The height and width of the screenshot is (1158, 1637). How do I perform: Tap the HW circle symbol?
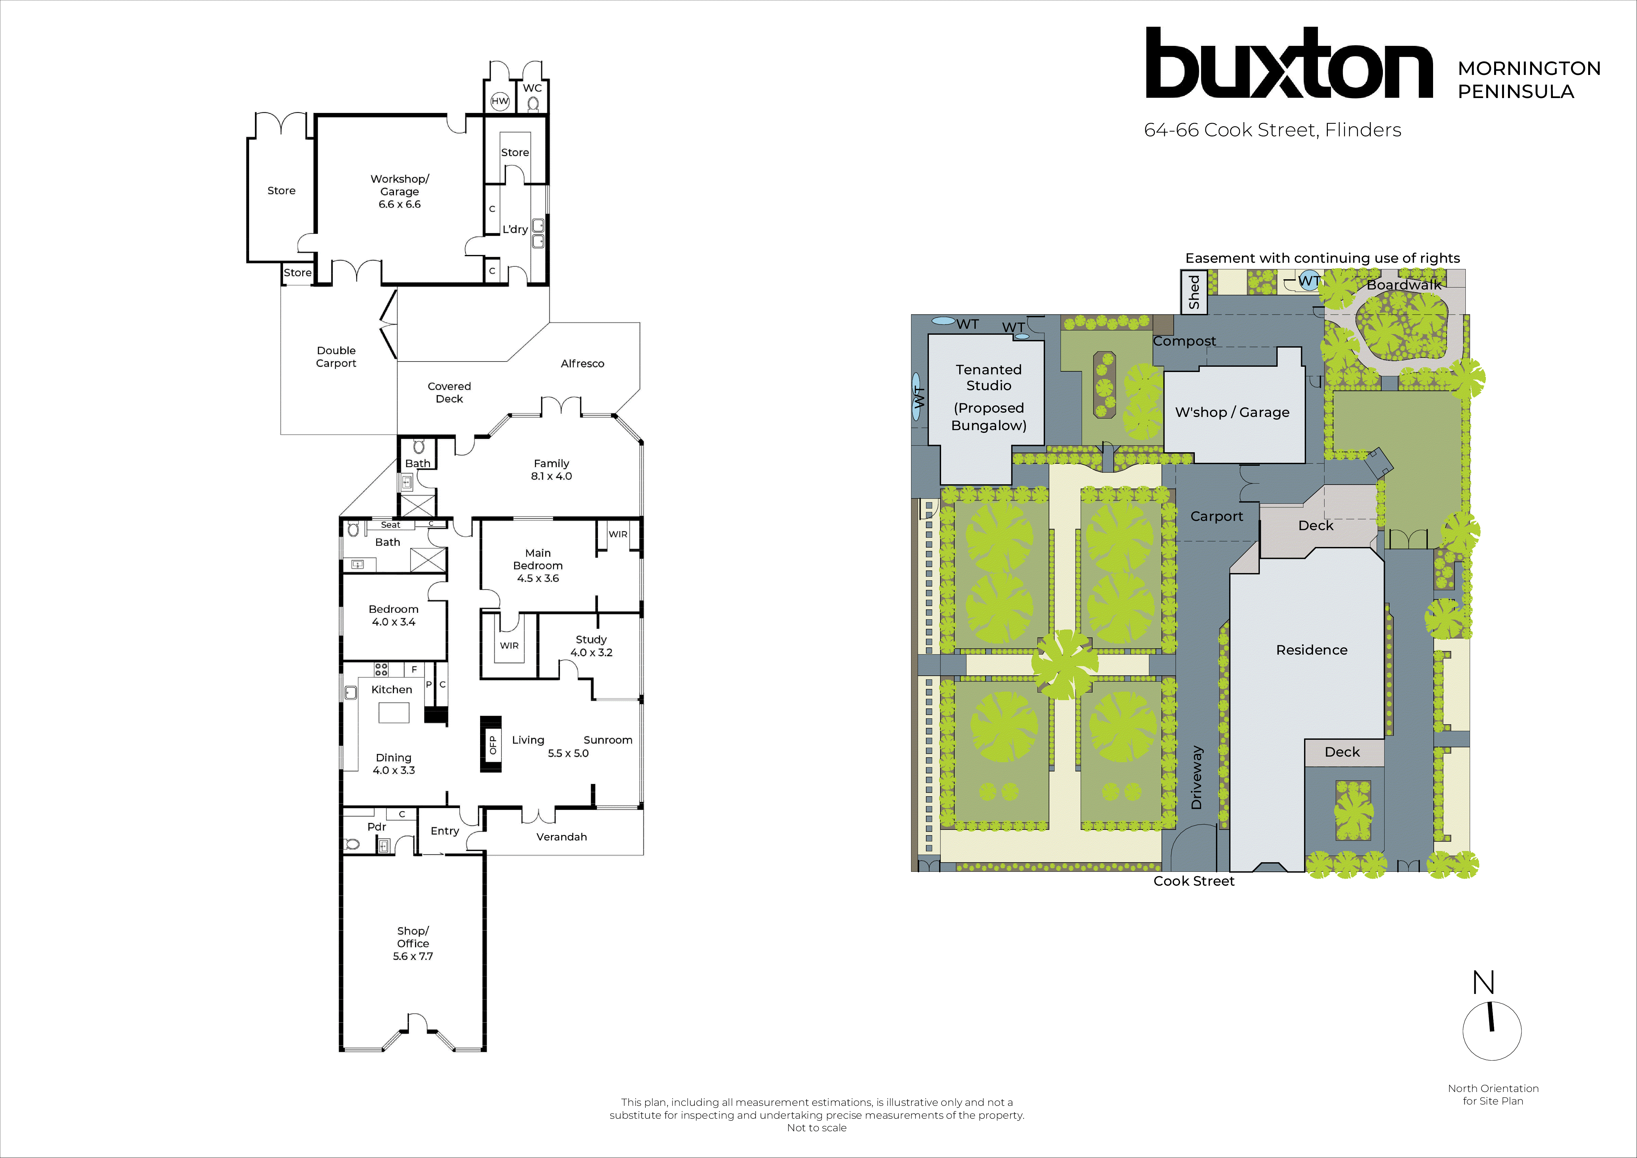pyautogui.click(x=500, y=101)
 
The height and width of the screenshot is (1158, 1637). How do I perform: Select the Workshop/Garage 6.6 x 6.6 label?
pyautogui.click(x=399, y=191)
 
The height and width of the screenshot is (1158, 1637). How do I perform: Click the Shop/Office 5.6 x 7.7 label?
pyautogui.click(x=413, y=943)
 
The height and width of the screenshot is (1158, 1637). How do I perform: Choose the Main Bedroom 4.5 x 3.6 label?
pyautogui.click(x=538, y=565)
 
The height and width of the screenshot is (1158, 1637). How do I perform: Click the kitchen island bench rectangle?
pyautogui.click(x=394, y=712)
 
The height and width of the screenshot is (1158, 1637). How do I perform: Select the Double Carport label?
pyautogui.click(x=336, y=357)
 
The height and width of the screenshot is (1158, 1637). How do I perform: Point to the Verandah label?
pyautogui.click(x=561, y=836)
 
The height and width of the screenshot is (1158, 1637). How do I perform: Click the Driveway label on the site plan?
pyautogui.click(x=1196, y=777)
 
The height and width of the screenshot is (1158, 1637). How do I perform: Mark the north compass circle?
pyautogui.click(x=1491, y=1031)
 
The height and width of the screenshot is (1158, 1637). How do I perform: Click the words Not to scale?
pyautogui.click(x=816, y=1127)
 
